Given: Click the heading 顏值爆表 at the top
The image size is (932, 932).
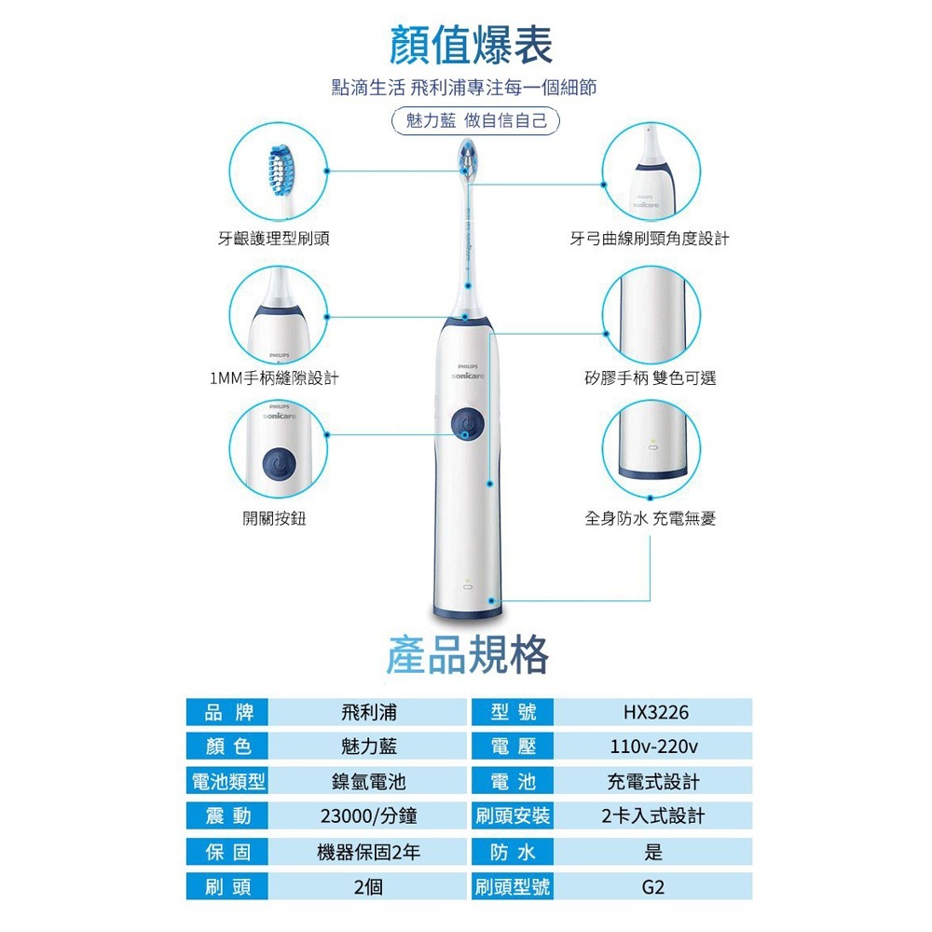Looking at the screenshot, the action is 471,45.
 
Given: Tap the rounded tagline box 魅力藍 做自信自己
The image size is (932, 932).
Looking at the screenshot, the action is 476,120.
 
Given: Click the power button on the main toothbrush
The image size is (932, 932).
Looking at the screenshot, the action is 467,422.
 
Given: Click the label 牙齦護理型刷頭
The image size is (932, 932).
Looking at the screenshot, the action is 273,239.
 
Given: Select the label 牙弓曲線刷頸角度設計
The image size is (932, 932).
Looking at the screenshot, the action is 649,239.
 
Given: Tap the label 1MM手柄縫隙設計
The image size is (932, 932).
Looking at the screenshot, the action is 274,378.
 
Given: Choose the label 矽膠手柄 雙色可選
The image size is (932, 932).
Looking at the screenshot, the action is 651,378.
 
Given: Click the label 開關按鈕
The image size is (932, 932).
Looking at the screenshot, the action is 274,518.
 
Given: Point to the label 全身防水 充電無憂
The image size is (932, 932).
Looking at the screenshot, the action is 651,518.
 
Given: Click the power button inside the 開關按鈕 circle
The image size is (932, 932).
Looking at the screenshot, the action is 279,463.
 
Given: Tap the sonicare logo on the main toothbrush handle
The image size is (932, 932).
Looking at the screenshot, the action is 468,377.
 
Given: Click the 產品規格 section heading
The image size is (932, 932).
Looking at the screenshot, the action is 467,654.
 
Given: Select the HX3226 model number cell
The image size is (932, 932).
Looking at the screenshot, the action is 655,712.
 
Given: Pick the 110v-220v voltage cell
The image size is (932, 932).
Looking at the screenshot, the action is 654,747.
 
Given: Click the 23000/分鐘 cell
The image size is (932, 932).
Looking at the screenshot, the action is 368,816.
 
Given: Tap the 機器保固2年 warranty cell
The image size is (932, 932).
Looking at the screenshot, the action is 368,853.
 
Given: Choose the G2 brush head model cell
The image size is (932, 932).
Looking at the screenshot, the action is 652,887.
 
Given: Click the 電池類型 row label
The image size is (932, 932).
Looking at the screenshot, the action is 227,781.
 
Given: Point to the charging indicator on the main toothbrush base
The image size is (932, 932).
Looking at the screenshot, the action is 468,585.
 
